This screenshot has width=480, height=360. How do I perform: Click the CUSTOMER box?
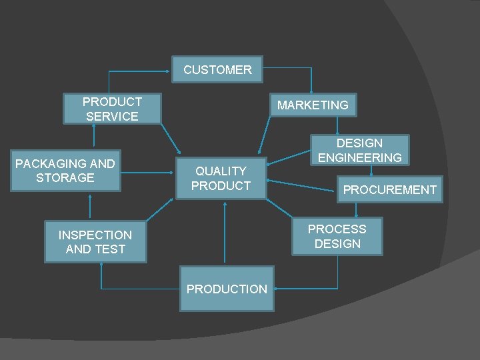click(217, 69)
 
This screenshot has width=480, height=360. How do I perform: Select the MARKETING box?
click(313, 105)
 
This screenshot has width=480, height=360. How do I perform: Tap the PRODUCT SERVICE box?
click(112, 109)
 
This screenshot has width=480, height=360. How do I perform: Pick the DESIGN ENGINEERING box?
click(360, 151)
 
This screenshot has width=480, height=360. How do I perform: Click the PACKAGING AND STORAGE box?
click(65, 171)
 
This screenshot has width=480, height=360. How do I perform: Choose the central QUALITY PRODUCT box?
click(221, 179)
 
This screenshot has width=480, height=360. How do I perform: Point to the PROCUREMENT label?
click(389, 190)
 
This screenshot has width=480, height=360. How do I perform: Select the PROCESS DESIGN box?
click(337, 237)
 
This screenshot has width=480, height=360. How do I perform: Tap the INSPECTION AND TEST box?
click(95, 242)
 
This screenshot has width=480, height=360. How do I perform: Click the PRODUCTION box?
click(227, 289)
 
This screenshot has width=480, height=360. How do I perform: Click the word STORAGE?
click(65, 178)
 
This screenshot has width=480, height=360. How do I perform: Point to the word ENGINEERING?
click(360, 158)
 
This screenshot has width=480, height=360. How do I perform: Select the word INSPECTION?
click(95, 235)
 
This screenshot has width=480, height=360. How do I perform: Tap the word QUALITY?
click(221, 171)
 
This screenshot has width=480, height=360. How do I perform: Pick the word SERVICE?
click(112, 117)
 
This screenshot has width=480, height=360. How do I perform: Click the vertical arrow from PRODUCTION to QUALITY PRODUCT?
click(225, 233)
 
